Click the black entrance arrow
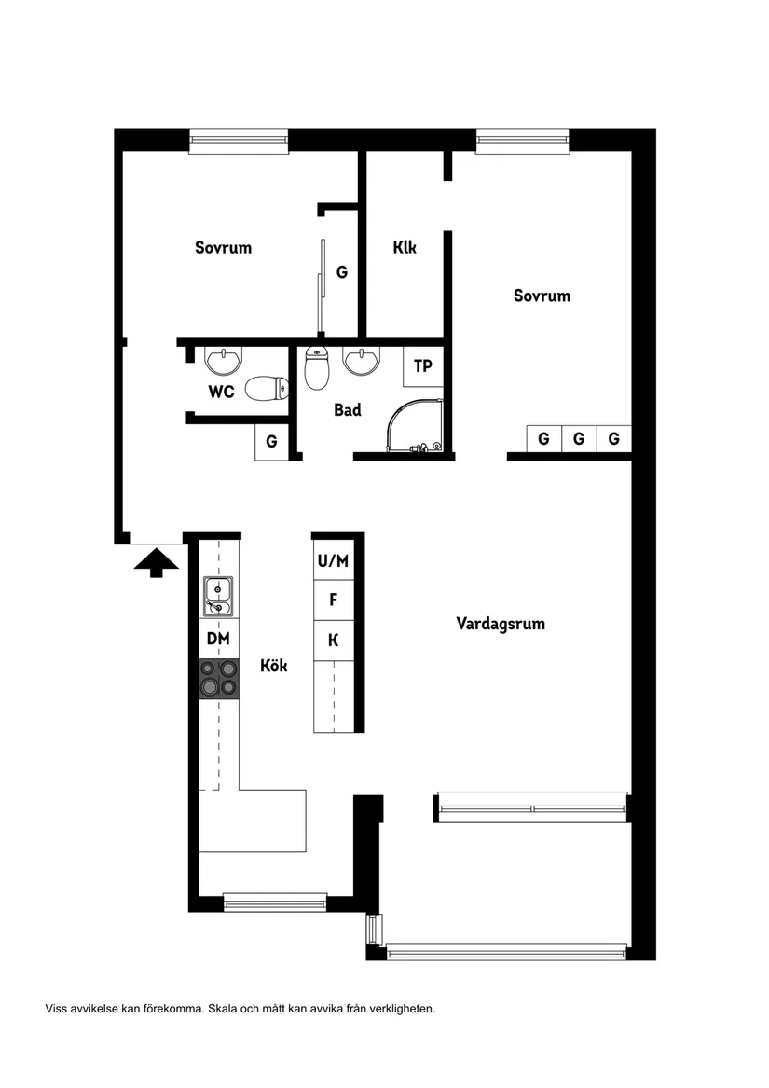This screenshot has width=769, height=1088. (x=156, y=562)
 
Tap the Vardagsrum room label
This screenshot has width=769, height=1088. (x=501, y=624)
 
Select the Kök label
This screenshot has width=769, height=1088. (x=273, y=666)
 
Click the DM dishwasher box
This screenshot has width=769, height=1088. (x=218, y=639)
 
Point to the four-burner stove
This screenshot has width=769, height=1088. (x=219, y=678)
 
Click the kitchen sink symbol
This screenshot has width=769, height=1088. (x=218, y=597)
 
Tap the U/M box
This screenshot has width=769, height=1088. (x=333, y=560)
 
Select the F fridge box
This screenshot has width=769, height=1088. (x=333, y=600)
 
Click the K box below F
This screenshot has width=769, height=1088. (x=333, y=640)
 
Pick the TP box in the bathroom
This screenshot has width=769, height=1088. (x=423, y=366)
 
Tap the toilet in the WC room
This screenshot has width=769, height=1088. (x=265, y=389)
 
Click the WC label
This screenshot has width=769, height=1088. (x=221, y=392)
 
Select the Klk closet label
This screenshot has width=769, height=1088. (x=405, y=248)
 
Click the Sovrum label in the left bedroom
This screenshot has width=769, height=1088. (x=223, y=247)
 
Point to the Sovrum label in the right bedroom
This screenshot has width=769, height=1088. (x=542, y=296)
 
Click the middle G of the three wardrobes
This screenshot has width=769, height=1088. (x=579, y=438)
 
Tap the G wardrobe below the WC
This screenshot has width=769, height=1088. (x=271, y=441)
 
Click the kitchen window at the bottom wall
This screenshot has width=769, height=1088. (x=275, y=902)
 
